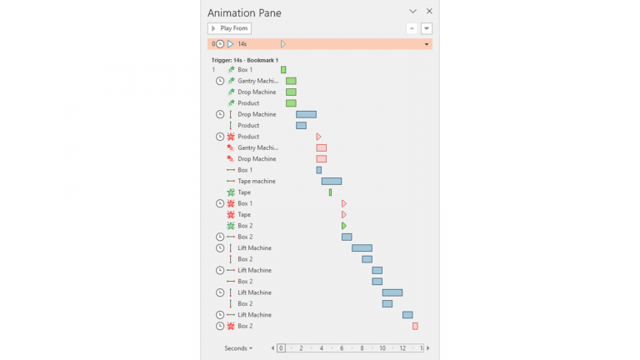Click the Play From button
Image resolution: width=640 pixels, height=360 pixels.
pyautogui.click(x=229, y=28)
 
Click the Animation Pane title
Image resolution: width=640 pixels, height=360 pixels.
pyautogui.click(x=244, y=12)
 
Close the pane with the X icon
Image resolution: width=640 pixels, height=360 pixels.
pyautogui.click(x=429, y=12)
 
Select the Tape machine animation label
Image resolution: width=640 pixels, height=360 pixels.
pyautogui.click(x=256, y=181)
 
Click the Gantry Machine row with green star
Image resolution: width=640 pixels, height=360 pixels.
pyautogui.click(x=257, y=81)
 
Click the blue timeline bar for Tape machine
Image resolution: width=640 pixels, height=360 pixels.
pyautogui.click(x=332, y=181)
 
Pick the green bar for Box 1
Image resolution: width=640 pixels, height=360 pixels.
pyautogui.click(x=283, y=70)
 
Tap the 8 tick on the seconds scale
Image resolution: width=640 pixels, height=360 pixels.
pyautogui.click(x=362, y=348)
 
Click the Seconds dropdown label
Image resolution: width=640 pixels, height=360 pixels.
pyautogui.click(x=238, y=348)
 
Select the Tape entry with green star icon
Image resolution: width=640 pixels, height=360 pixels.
pyautogui.click(x=244, y=192)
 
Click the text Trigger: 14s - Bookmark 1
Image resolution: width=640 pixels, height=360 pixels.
pyautogui.click(x=244, y=60)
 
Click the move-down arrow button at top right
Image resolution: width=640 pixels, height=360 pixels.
pyautogui.click(x=427, y=28)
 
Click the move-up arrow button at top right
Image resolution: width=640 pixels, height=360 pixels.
pyautogui.click(x=412, y=28)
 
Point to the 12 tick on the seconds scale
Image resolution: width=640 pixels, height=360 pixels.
pyautogui.click(x=402, y=348)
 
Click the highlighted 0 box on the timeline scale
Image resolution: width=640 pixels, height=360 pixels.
pyautogui.click(x=282, y=348)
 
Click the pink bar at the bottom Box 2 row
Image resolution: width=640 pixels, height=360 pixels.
pyautogui.click(x=415, y=326)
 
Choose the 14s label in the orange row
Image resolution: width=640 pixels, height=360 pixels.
pyautogui.click(x=242, y=43)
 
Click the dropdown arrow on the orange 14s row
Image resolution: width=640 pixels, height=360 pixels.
pyautogui.click(x=427, y=44)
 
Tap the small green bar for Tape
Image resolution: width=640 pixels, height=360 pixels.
pyautogui.click(x=330, y=192)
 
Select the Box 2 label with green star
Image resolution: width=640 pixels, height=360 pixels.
pyautogui.click(x=245, y=226)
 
